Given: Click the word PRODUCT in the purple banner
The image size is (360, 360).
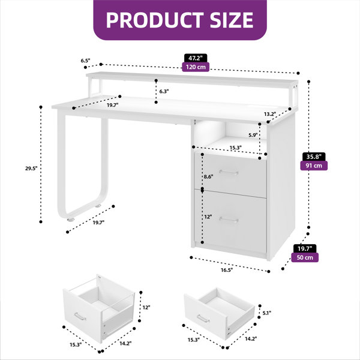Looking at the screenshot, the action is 155,20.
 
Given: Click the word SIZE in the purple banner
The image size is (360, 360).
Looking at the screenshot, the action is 232,20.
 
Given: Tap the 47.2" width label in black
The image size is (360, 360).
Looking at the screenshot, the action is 196,58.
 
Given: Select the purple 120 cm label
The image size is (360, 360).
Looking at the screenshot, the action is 196,67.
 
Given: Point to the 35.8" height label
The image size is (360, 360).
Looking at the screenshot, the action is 314,157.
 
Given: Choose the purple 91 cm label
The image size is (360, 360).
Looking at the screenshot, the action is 314,166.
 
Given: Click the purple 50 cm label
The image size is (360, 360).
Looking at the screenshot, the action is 305,257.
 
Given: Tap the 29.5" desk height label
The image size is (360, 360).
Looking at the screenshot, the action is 31,168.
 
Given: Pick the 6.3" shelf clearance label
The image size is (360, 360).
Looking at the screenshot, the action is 164,91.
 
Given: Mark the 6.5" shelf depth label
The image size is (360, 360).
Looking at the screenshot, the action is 85,61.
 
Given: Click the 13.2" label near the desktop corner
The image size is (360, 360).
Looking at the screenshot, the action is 270,114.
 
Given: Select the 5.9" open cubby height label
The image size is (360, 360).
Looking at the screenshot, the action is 253,135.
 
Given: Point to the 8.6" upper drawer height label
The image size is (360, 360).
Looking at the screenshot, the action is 208,176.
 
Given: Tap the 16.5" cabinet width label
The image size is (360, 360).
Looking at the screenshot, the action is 227,270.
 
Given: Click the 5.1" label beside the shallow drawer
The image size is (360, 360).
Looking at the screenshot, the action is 267,313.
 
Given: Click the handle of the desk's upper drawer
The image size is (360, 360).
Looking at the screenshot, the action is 229,172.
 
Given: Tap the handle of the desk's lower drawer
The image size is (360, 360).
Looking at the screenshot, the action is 229,220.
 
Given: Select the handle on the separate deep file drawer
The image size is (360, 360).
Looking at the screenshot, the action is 80,316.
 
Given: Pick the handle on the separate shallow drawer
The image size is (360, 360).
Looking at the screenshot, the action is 203,319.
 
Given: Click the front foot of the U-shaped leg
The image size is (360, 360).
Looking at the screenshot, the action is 71,220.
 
